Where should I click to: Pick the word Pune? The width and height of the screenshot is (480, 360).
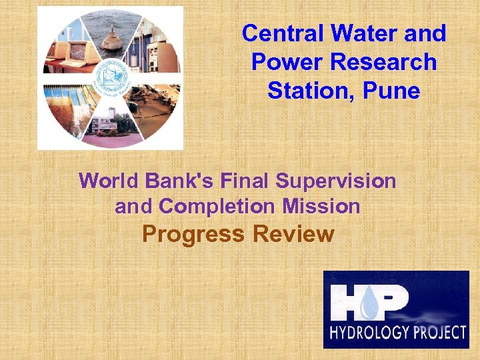[392, 90]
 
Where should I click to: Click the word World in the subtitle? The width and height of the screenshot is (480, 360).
[104, 181]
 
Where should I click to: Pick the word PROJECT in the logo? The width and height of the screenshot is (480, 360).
[436, 333]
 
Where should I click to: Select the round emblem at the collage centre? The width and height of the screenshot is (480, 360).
[111, 78]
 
